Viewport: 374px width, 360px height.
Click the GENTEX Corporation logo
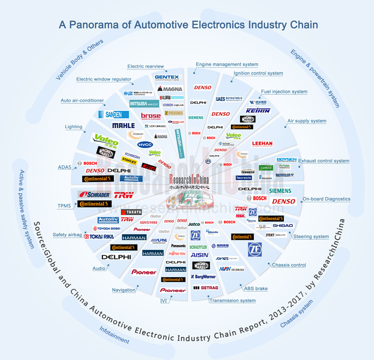(166, 78)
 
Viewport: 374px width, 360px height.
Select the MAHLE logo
(123, 125)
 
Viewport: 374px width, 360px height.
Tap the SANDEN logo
(114, 114)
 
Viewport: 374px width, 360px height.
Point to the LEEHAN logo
(262, 144)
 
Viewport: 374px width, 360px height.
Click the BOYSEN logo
(286, 159)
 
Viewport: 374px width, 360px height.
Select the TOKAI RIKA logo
(99, 237)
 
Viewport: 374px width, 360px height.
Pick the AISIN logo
(200, 255)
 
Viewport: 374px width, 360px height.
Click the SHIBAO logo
(283, 225)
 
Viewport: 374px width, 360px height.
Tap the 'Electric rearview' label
(145, 66)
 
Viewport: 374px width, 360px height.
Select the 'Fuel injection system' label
(284, 92)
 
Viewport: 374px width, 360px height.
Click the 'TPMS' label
(64, 205)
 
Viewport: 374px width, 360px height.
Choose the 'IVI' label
(164, 301)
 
